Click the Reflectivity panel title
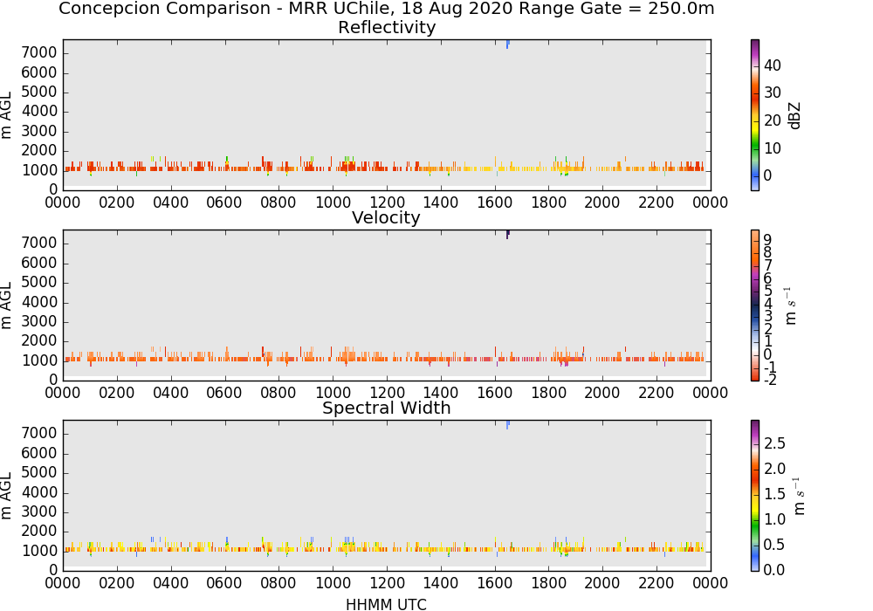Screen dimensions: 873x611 click(x=387, y=27)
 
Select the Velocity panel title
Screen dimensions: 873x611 click(x=386, y=217)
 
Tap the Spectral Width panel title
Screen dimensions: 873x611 click(x=387, y=408)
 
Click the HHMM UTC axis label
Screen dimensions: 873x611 click(x=386, y=604)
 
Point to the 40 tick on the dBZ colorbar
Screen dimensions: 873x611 click(x=773, y=65)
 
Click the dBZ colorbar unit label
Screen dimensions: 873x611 click(x=794, y=116)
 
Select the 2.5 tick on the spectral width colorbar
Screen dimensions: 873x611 click(x=774, y=443)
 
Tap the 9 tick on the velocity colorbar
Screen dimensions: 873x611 click(x=767, y=240)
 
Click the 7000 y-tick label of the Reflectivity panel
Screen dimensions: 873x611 click(x=39, y=53)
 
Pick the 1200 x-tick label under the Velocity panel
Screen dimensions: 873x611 click(x=387, y=393)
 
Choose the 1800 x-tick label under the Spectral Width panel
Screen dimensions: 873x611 click(x=548, y=583)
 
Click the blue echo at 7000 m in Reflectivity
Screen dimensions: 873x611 click(x=508, y=44)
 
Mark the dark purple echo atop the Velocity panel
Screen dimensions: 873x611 click(x=508, y=234)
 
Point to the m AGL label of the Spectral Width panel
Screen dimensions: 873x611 click(x=6, y=496)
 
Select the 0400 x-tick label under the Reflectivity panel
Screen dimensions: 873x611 click(x=171, y=203)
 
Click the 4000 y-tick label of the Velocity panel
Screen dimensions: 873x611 click(x=39, y=302)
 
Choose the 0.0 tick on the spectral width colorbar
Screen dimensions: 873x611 click(x=774, y=570)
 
